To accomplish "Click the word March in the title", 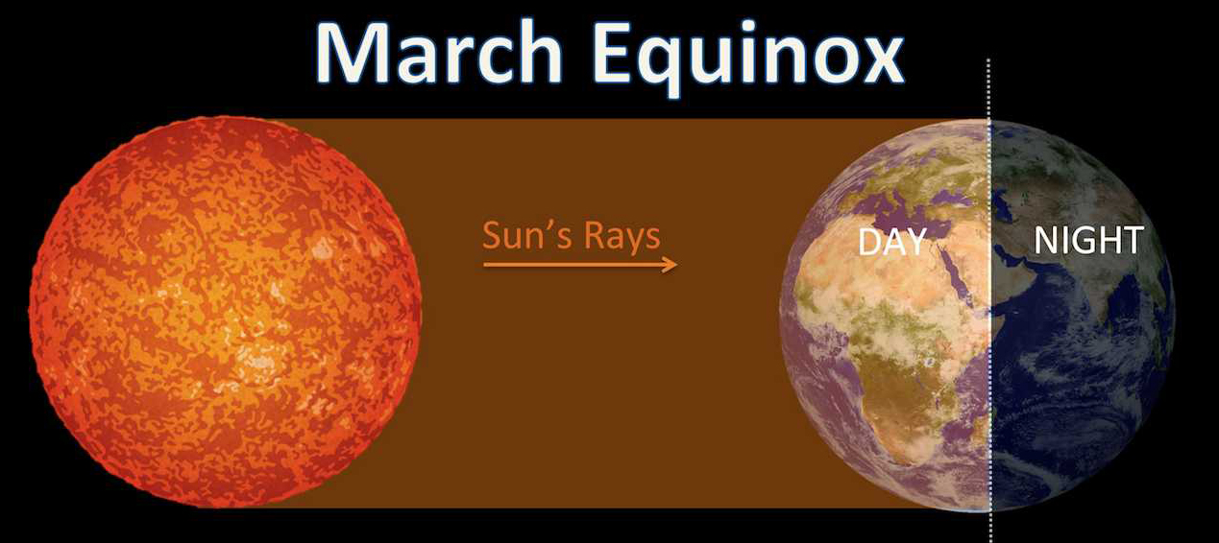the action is click(439, 52).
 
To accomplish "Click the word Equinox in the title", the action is click(751, 59).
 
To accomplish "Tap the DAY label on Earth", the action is click(892, 242).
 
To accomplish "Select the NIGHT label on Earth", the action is click(1088, 240).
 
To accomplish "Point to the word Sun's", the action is click(523, 235).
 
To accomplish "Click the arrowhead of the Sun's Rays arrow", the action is click(670, 265).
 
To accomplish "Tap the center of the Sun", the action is click(225, 312).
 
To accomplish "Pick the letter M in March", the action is click(358, 53).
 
